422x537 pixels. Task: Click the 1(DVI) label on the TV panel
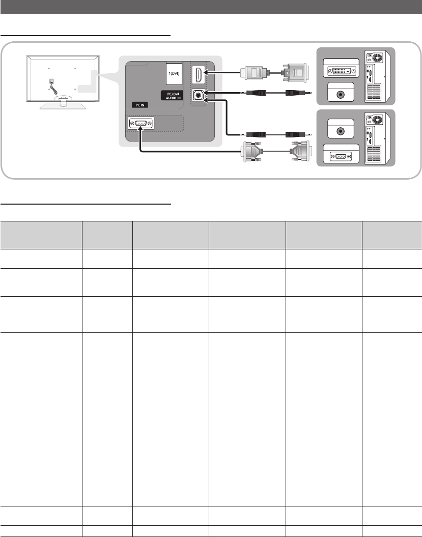pos(174,74)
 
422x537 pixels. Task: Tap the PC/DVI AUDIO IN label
pos(172,96)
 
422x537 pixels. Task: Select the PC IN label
pos(140,105)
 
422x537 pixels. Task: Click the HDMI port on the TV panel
pos(199,75)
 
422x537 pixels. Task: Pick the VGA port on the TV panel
pos(141,124)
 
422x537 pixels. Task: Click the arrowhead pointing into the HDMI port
pos(206,72)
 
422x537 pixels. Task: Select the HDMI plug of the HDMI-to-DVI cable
pos(254,73)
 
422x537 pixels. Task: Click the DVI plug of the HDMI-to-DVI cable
pos(295,73)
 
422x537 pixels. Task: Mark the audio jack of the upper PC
pos(341,95)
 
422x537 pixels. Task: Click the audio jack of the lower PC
pos(341,130)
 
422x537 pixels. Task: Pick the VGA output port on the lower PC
pos(341,156)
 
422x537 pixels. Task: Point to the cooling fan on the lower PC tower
pos(377,120)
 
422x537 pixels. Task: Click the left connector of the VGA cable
pos(252,151)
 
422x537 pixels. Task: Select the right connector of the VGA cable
pos(301,151)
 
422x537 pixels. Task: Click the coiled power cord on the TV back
pos(53,87)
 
